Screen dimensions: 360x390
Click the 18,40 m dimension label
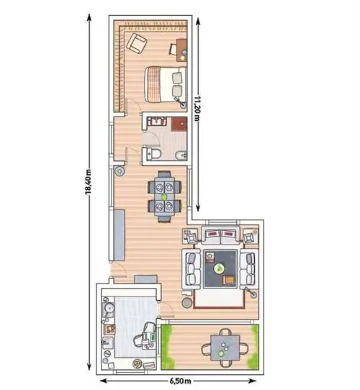point(88,181)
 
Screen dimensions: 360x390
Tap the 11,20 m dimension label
point(197,108)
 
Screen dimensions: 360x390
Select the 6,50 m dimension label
point(181,381)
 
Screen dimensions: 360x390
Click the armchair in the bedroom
point(136,43)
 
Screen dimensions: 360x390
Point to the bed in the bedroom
point(166,84)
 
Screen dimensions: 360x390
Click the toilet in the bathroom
point(152,153)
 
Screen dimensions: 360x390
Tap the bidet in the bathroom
point(181,155)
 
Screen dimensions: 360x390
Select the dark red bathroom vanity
point(179,124)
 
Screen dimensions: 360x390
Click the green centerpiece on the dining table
point(164,196)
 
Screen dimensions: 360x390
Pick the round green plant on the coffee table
point(220,268)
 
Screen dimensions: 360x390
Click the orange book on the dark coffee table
point(229,280)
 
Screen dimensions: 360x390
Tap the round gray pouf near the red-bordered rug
point(187,302)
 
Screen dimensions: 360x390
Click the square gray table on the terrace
point(225,348)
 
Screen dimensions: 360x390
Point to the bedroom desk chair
point(173,49)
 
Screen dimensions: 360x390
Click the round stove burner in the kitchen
point(109,309)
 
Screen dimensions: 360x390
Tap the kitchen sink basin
point(109,343)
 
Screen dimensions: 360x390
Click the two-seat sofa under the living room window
point(220,235)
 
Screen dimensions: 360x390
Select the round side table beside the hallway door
point(120,171)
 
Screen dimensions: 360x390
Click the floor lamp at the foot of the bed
point(181,102)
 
